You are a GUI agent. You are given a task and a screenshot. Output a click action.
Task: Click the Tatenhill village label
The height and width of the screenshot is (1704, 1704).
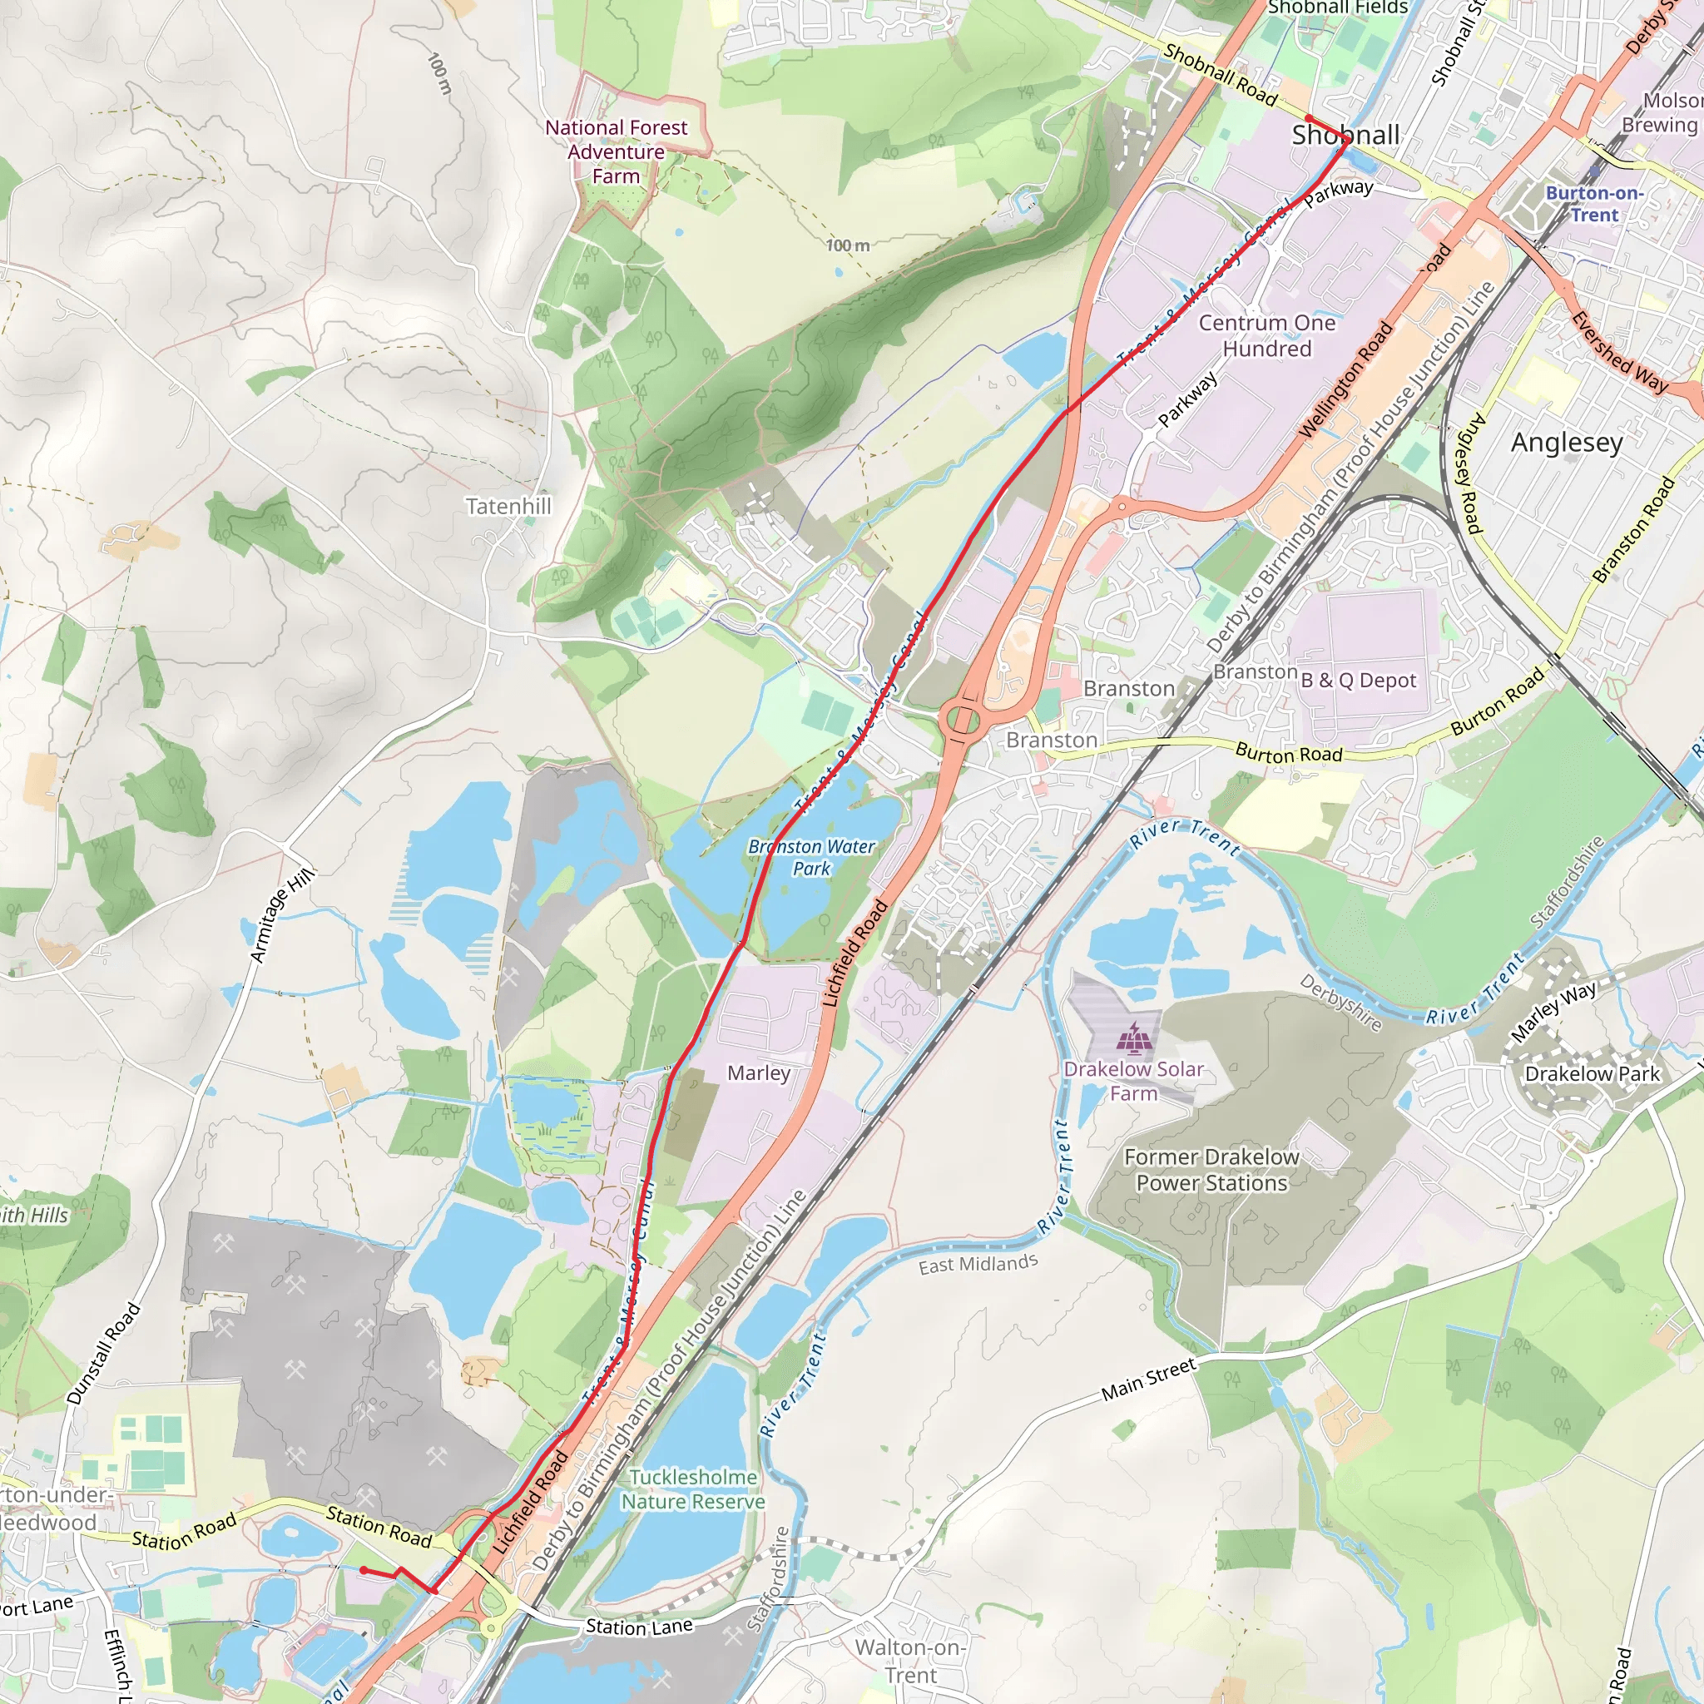(508, 506)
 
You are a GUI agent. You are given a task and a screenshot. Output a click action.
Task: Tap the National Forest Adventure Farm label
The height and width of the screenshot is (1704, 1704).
(616, 151)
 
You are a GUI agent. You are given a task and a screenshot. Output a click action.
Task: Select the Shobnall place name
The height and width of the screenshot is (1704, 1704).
(1345, 135)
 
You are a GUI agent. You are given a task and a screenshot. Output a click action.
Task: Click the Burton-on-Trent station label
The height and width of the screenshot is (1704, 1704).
(1595, 204)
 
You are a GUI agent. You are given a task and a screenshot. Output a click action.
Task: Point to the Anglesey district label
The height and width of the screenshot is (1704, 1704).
(1567, 442)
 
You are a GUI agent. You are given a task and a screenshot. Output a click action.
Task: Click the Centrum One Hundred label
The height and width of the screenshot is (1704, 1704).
(1266, 336)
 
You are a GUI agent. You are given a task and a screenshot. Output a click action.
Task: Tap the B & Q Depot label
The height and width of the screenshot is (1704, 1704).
(1358, 680)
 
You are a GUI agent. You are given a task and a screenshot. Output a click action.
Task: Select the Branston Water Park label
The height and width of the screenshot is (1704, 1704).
(811, 857)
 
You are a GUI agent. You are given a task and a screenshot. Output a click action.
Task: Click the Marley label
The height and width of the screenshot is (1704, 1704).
(759, 1073)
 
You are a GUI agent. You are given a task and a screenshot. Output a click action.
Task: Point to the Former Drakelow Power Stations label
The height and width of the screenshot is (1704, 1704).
(1211, 1170)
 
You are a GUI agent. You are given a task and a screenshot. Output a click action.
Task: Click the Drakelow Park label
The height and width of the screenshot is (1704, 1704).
(1592, 1073)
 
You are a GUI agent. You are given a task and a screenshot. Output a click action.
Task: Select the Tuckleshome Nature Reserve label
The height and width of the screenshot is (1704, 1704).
(693, 1489)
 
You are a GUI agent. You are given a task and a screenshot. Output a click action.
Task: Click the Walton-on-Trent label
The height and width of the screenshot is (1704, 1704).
(910, 1661)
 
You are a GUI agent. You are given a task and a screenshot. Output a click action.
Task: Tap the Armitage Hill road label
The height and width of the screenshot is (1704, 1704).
(281, 914)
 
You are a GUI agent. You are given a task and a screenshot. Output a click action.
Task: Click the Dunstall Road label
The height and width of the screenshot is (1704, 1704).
(104, 1353)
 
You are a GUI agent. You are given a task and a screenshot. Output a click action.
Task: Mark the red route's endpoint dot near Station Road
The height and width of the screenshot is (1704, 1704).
(364, 1571)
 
